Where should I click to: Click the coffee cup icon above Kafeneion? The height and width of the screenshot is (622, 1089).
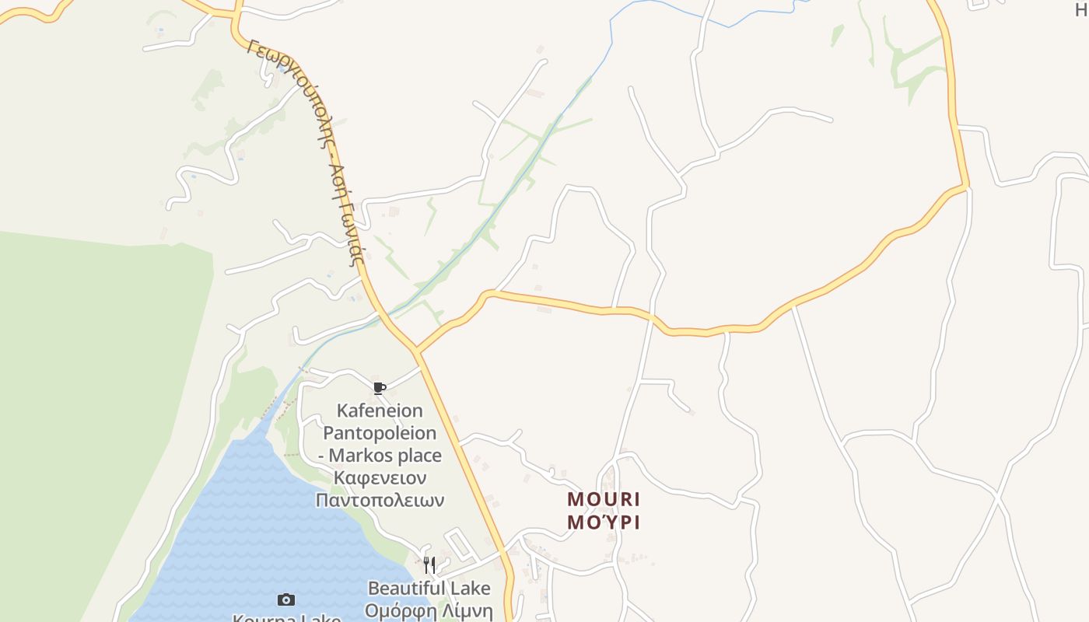380,388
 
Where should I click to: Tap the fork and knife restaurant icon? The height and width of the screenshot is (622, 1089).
429,564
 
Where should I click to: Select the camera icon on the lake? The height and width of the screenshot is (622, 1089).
286,599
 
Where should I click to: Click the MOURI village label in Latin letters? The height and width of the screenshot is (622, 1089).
604,499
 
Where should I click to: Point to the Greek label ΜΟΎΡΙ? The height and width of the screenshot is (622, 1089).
604,522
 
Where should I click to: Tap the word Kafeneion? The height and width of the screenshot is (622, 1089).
380,411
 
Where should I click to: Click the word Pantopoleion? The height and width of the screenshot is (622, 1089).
380,432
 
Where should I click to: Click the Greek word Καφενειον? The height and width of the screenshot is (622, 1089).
380,477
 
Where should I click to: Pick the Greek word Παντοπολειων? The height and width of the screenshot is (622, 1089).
380,500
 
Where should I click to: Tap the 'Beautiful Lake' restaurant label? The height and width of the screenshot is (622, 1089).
429,588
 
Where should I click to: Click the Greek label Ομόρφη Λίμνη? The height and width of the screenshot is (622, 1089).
429,610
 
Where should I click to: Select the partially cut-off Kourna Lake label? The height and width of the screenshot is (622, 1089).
286,618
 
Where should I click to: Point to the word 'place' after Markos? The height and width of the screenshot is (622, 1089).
418,456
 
